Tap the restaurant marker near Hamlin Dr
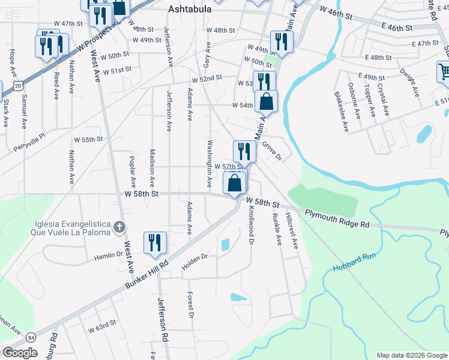[155, 242]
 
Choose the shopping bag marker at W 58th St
[236, 183]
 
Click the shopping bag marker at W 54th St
[267, 101]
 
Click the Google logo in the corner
[20, 352]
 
